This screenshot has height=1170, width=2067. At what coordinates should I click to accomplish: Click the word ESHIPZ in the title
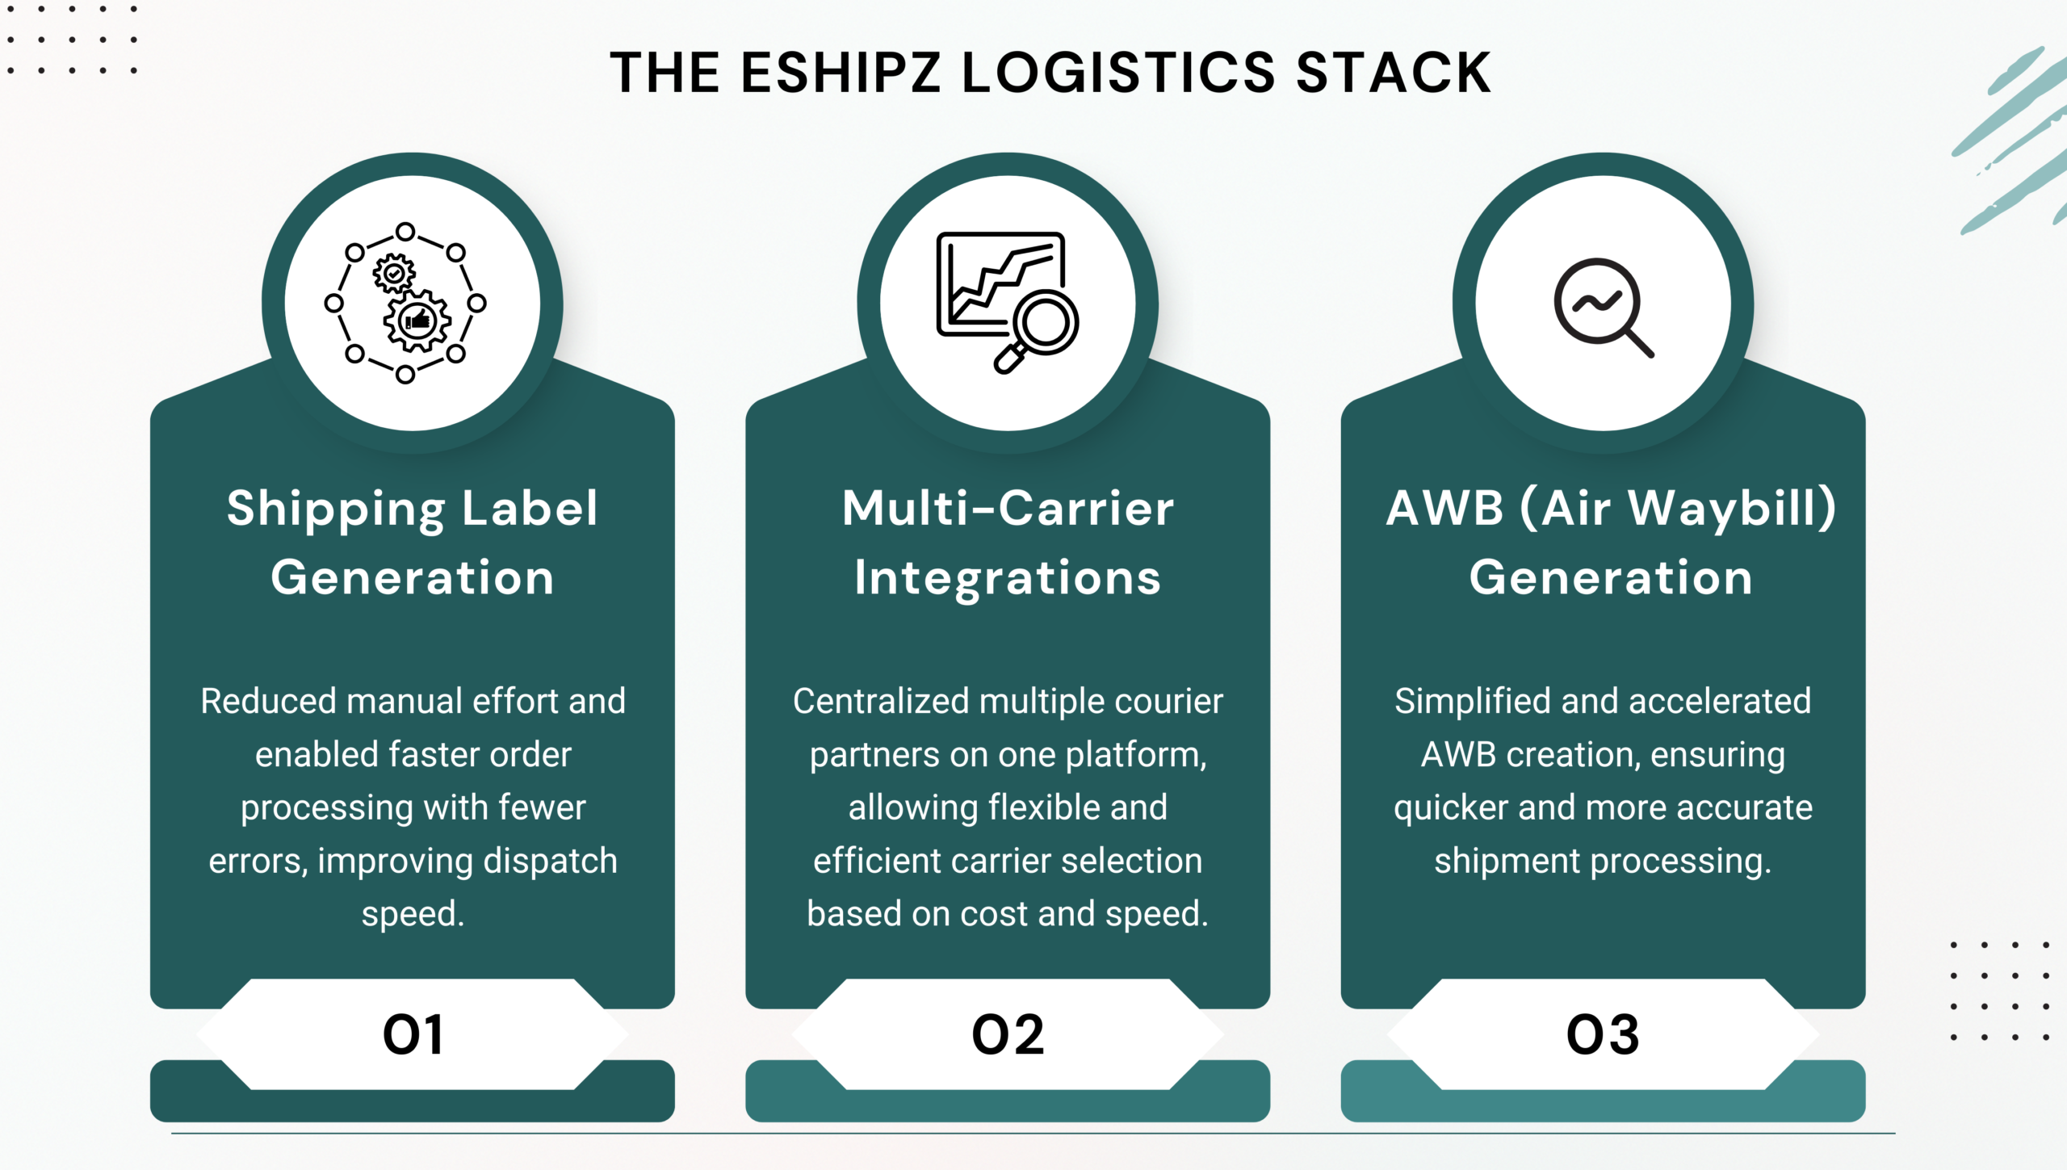[841, 73]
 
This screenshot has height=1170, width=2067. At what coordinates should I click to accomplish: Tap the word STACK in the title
[1394, 73]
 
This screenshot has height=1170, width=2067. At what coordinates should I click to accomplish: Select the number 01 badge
[413, 1034]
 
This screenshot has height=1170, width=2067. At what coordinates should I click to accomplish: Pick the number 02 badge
[1008, 1034]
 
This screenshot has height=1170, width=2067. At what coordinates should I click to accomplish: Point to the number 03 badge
[1603, 1034]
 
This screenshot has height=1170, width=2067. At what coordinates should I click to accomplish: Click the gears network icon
[405, 303]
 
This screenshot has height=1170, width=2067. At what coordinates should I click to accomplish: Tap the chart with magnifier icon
[1007, 302]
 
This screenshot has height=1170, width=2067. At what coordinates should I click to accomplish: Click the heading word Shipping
[335, 509]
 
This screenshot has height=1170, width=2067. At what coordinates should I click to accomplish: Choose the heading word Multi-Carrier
[1008, 509]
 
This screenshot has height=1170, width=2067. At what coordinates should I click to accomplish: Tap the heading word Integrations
[1008, 578]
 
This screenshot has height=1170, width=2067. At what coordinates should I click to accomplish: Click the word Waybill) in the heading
[1733, 509]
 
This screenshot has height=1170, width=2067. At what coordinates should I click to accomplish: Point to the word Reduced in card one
[269, 701]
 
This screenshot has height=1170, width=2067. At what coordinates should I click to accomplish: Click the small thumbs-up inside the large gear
[417, 321]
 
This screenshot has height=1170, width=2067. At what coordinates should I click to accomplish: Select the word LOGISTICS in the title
[1118, 73]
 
